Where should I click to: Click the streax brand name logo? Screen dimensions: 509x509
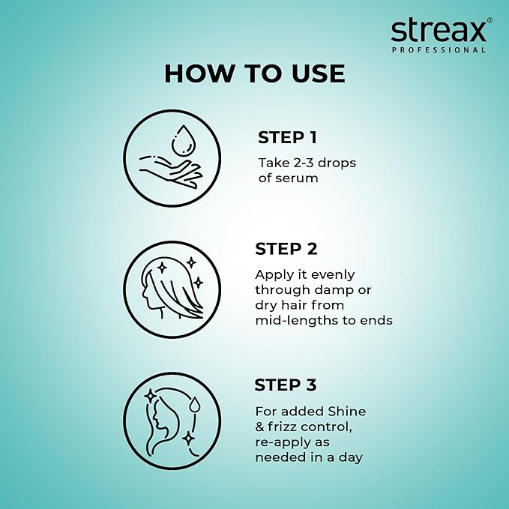click(438, 31)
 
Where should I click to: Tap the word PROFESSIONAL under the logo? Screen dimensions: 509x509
click(439, 50)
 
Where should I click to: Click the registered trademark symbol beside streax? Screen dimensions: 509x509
click(490, 21)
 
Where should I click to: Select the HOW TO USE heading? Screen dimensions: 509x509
click(254, 73)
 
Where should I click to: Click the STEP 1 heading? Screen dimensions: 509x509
click(287, 137)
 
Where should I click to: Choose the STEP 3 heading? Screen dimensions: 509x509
click(286, 385)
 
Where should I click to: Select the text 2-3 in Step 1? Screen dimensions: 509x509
click(300, 162)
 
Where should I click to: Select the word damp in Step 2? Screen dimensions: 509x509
click(342, 290)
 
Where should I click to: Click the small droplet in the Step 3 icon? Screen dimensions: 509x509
click(195, 406)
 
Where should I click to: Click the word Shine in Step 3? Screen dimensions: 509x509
click(346, 411)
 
